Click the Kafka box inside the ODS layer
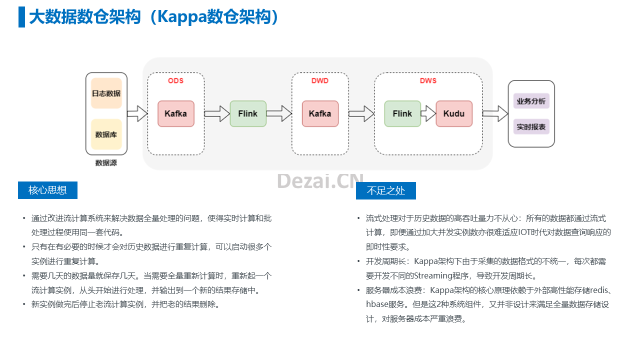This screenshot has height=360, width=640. coord(176,113)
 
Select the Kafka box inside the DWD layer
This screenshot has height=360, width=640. coord(320,113)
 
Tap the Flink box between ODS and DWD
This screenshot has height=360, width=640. coord(248,113)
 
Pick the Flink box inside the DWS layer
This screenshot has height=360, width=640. coord(402,113)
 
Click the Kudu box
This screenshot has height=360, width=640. coord(454,113)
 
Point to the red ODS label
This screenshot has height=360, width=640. coord(175,81)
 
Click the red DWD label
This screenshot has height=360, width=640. coord(320,81)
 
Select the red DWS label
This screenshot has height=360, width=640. coord(428,81)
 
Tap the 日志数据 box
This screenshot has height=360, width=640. coord(106,93)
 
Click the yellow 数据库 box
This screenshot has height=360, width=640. coord(106,134)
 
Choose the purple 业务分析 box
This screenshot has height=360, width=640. coord(531,101)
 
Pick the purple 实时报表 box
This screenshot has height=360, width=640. coord(531,126)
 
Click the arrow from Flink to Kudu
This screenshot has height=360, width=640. coord(428,113)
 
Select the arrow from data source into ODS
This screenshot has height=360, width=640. coord(137,113)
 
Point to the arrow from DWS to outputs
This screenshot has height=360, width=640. coord(495,113)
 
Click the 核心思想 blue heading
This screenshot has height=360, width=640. coord(47,190)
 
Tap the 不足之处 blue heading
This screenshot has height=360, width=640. coord(386,190)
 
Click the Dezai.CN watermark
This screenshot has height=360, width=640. coord(320,181)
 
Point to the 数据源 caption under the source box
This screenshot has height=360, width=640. coord(106,163)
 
